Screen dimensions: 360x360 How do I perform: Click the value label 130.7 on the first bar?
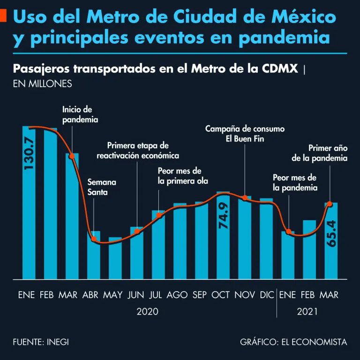tap(29, 153)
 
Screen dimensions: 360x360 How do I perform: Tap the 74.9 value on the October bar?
tap(223, 216)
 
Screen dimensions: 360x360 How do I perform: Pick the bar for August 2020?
tap(180, 241)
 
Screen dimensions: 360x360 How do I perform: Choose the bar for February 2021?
tap(309, 249)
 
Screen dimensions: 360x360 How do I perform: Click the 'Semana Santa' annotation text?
tap(102, 187)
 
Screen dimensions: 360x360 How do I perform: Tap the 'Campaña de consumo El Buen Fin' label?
tap(245, 134)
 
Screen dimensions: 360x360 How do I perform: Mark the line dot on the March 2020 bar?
tap(72, 156)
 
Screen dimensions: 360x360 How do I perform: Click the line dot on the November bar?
tap(245, 198)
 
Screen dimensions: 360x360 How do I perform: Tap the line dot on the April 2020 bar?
tap(94, 239)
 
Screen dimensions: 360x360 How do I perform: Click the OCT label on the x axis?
tap(220, 295)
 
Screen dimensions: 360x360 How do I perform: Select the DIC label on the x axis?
tap(266, 295)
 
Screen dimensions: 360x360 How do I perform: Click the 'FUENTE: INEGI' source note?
tap(41, 342)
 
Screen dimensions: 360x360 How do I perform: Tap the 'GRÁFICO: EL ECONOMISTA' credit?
tap(293, 342)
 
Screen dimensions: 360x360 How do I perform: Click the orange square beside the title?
tap(3, 17)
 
